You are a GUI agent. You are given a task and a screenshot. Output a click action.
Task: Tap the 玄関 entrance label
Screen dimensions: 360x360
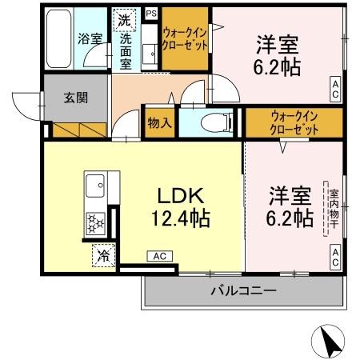(76, 98)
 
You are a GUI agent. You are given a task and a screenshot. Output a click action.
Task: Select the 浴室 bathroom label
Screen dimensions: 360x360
(88, 37)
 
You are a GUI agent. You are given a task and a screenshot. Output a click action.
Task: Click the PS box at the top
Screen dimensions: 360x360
(151, 14)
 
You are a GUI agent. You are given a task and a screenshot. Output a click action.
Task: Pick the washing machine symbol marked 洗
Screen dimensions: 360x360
(125, 19)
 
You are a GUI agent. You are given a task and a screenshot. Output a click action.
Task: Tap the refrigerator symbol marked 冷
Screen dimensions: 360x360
(104, 256)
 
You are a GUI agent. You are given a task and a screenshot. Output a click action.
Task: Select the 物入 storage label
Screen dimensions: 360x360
(159, 123)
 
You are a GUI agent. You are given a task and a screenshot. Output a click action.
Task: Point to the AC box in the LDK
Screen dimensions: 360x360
(158, 256)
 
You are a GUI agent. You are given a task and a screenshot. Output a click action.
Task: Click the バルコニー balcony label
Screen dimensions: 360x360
(243, 290)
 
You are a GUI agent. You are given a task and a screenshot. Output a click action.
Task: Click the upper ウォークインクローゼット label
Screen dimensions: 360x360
(186, 38)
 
